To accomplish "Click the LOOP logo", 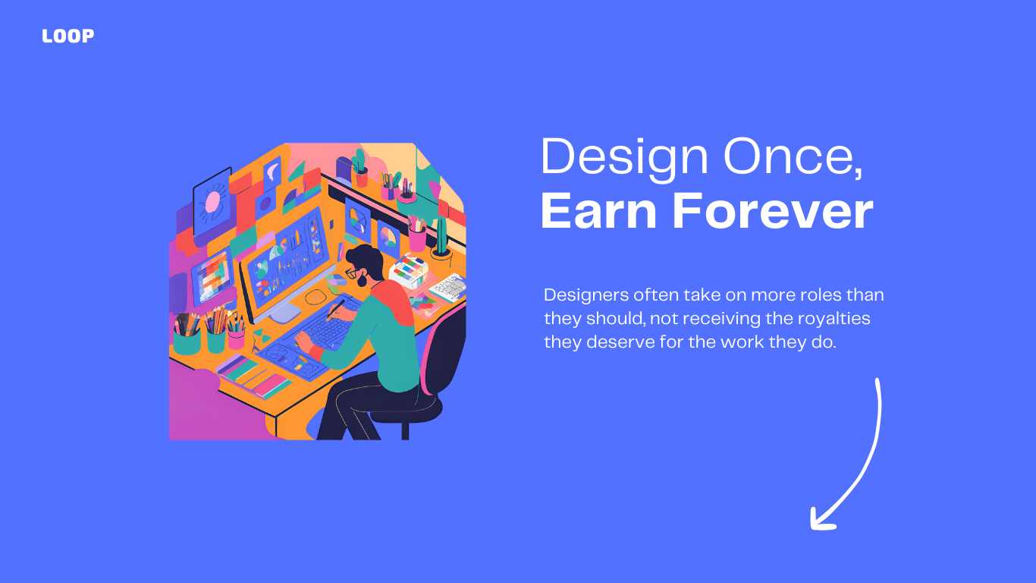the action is tap(68, 36).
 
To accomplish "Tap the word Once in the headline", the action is tap(793, 157).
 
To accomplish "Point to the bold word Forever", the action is tap(772, 211).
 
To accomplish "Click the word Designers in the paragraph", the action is tap(586, 295).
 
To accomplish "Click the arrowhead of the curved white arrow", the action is tap(822, 518).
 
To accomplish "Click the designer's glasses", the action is tap(352, 273).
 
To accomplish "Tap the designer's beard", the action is tap(362, 280).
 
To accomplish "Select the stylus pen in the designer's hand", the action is tap(336, 309).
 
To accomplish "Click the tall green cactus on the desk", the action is tap(441, 236).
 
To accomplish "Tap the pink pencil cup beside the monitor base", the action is tap(237, 339).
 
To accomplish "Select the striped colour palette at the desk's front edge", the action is tap(253, 376).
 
